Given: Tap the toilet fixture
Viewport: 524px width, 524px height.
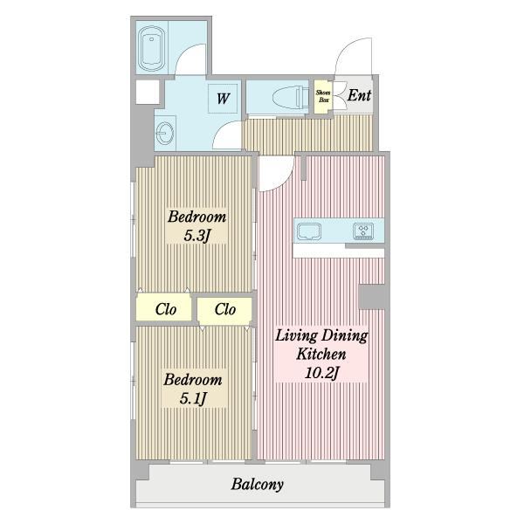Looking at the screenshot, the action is point(291,97).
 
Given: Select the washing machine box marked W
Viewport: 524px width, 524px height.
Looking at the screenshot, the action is point(223,98).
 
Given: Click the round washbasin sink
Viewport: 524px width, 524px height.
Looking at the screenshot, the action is point(165,133).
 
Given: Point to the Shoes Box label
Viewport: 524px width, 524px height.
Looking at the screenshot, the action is point(323,97).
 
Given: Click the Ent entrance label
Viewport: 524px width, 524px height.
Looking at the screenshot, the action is point(359,95).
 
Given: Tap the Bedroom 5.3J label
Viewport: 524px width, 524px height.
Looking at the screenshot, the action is point(196,226).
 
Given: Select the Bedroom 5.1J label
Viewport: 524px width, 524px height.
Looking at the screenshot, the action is point(193,389).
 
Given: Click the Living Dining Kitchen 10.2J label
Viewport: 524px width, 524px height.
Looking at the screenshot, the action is point(321,354).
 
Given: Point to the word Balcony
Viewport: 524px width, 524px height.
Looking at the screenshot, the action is point(258,484).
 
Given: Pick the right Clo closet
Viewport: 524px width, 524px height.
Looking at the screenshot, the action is point(224,309).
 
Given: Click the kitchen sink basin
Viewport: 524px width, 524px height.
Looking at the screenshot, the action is point(309,231).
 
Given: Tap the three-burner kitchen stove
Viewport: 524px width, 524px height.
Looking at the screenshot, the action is point(363,231).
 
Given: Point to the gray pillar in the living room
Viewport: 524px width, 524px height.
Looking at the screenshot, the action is point(371,296).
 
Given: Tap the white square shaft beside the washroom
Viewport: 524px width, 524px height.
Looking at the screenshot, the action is point(148,92).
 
